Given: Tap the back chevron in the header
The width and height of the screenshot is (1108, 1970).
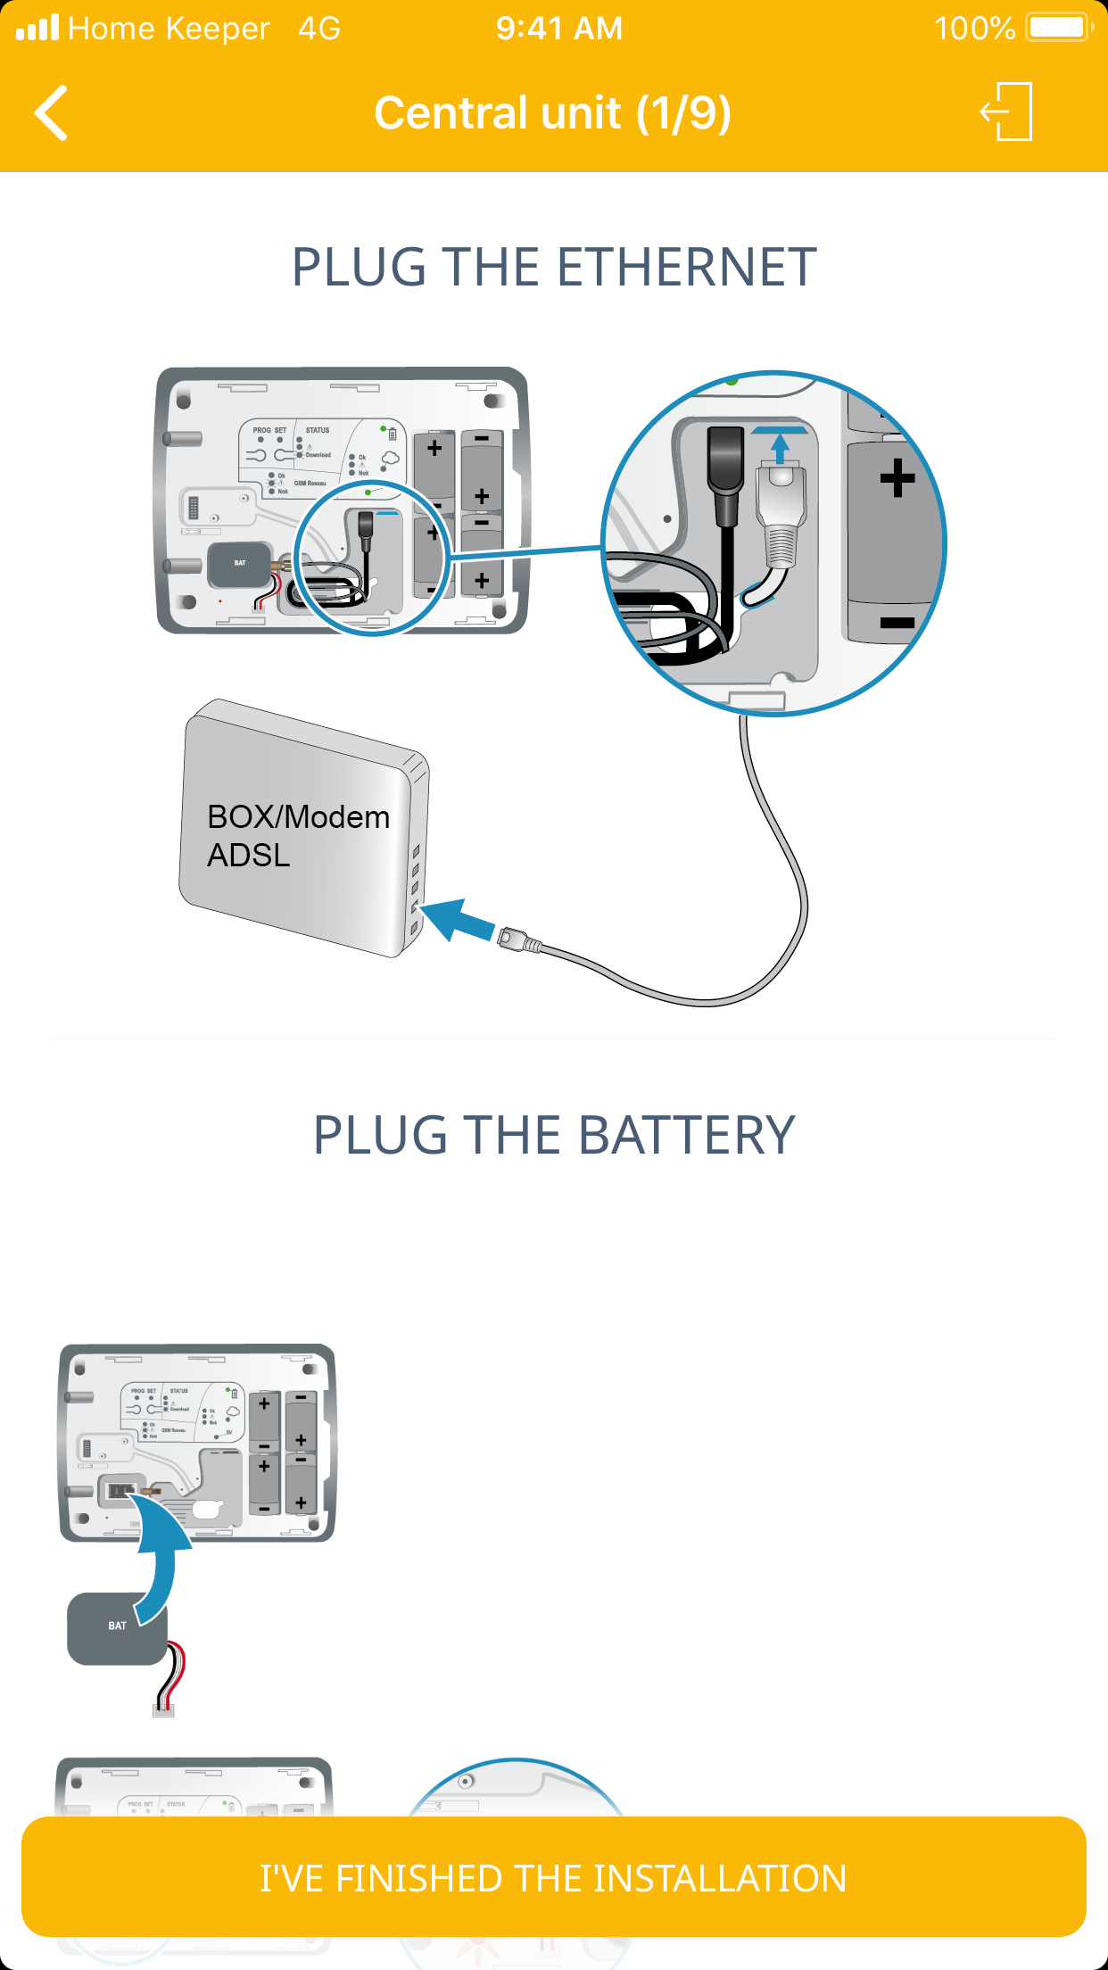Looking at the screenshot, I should coord(52,113).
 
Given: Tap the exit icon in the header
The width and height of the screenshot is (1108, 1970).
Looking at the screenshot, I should coord(1007,112).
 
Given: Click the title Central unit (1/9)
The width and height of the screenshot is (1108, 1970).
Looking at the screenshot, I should coord(553,113).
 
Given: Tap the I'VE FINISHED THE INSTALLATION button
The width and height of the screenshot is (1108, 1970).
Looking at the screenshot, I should coord(553,1877).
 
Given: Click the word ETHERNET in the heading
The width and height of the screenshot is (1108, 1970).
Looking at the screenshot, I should coord(687,268).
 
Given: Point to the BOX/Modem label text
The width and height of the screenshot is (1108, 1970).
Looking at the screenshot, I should coord(298,817).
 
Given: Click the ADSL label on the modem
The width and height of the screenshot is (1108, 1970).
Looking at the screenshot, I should coord(249,856).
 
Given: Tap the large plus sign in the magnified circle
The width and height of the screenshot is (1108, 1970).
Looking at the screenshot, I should coord(897,478).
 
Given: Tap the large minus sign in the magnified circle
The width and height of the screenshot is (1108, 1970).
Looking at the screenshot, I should coord(897,623).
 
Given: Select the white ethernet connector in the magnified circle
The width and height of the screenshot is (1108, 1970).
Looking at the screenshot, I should coord(781,517).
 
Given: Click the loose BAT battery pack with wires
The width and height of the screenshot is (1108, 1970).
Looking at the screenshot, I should coord(117,1628).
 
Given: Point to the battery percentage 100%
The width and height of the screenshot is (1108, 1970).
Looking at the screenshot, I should coord(974,29).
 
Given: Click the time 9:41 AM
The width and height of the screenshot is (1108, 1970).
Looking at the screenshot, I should coord(559,29).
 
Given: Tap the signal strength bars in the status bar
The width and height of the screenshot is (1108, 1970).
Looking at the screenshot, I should coord(37,29).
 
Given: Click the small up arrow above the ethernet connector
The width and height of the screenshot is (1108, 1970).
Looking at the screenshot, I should coord(781,447).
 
